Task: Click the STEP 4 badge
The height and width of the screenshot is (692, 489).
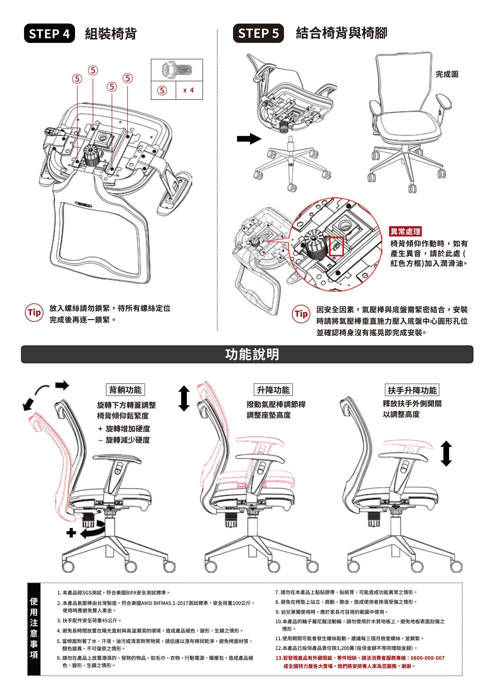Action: [49, 34]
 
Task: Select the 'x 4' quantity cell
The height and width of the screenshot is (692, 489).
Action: [189, 90]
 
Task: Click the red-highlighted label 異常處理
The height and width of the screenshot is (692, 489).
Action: [405, 231]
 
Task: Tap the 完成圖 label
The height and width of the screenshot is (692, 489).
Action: [447, 74]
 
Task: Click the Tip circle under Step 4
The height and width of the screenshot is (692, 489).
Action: [34, 313]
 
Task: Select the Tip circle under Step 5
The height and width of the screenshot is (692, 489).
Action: [301, 314]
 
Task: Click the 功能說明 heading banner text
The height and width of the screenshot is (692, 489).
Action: [252, 354]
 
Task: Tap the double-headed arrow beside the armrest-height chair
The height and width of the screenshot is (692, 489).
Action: [446, 454]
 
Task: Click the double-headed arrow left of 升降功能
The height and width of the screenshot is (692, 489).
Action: [184, 398]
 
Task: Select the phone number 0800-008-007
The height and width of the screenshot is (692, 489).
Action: [427, 658]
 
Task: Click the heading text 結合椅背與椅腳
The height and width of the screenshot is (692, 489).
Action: [342, 33]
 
